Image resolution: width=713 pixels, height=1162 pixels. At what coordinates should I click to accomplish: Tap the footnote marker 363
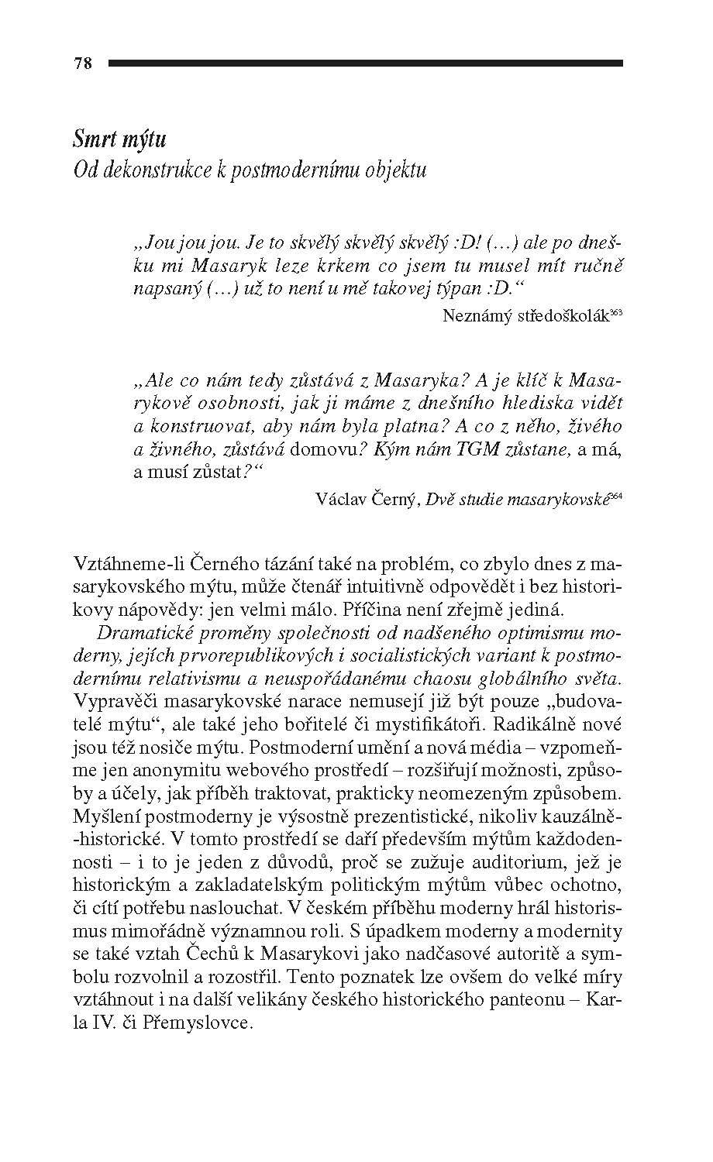click(x=616, y=312)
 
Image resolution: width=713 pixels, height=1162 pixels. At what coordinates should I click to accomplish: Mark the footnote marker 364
click(x=616, y=497)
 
